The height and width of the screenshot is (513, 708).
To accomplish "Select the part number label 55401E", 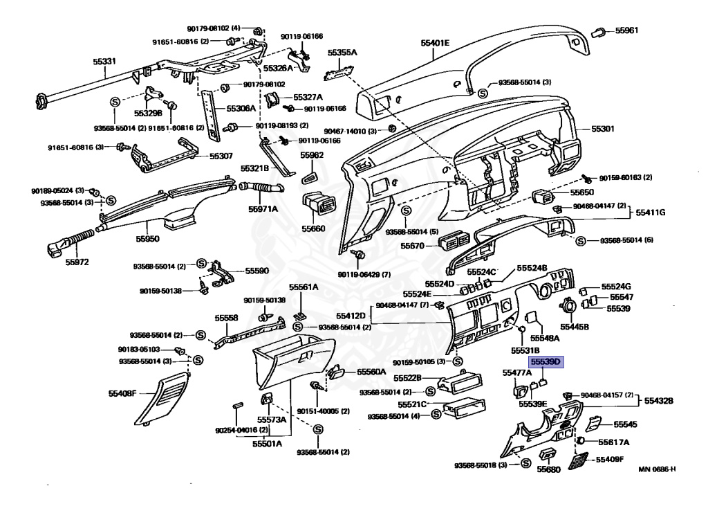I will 435,43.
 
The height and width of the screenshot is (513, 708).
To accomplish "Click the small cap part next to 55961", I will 599,30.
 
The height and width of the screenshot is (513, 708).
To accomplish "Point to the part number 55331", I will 104,62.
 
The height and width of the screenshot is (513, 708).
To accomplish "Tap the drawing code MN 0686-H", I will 657,470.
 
